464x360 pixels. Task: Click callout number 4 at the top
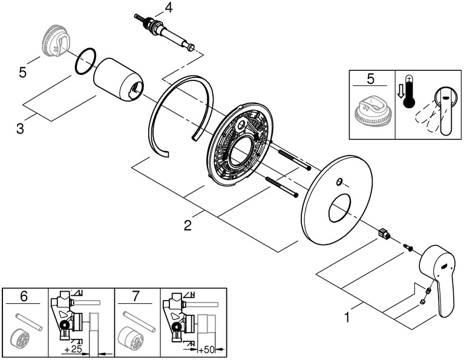(x=168, y=8)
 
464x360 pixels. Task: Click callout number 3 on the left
(x=21, y=129)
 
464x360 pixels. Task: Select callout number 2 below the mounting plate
(x=188, y=225)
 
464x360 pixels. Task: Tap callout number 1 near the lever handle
(x=347, y=315)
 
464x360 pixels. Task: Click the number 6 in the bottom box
(x=24, y=296)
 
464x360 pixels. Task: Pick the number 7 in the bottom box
(x=137, y=296)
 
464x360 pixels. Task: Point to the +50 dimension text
(x=207, y=349)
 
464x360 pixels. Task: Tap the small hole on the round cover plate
(x=339, y=182)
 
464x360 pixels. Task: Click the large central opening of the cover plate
(x=339, y=208)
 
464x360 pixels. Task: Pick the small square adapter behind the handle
(x=382, y=233)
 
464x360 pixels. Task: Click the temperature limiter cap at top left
(x=55, y=42)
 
